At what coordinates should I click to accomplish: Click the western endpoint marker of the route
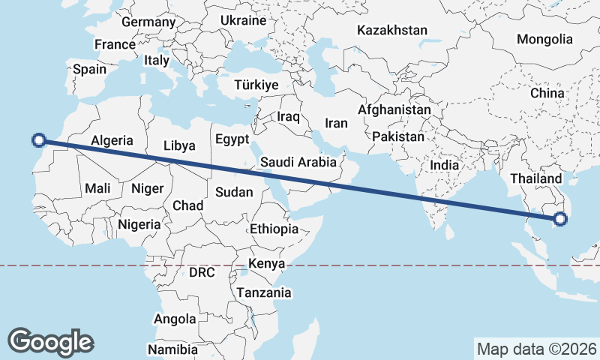pos(40,139)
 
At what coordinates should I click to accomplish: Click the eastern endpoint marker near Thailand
pos(559,219)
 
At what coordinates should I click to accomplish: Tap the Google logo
pos(50,341)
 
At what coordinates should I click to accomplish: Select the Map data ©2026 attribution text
pos(537,349)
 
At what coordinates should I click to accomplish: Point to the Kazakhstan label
pos(391,31)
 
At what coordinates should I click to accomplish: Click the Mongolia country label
pos(544,39)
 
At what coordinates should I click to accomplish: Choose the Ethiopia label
pos(274,229)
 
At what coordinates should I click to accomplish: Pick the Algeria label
pos(112,140)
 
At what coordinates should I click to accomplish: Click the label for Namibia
pos(172,349)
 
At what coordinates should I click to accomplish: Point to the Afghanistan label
pos(394,109)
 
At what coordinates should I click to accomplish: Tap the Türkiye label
pos(256,85)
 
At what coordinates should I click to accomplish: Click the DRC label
pos(202,273)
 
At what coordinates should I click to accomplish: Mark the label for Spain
pos(89,70)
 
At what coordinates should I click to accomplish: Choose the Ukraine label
pos(244,21)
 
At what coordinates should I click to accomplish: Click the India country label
pos(444,165)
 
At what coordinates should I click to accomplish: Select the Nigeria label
pos(139,224)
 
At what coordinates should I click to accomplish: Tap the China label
pos(547,93)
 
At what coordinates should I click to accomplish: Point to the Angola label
pos(175,319)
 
